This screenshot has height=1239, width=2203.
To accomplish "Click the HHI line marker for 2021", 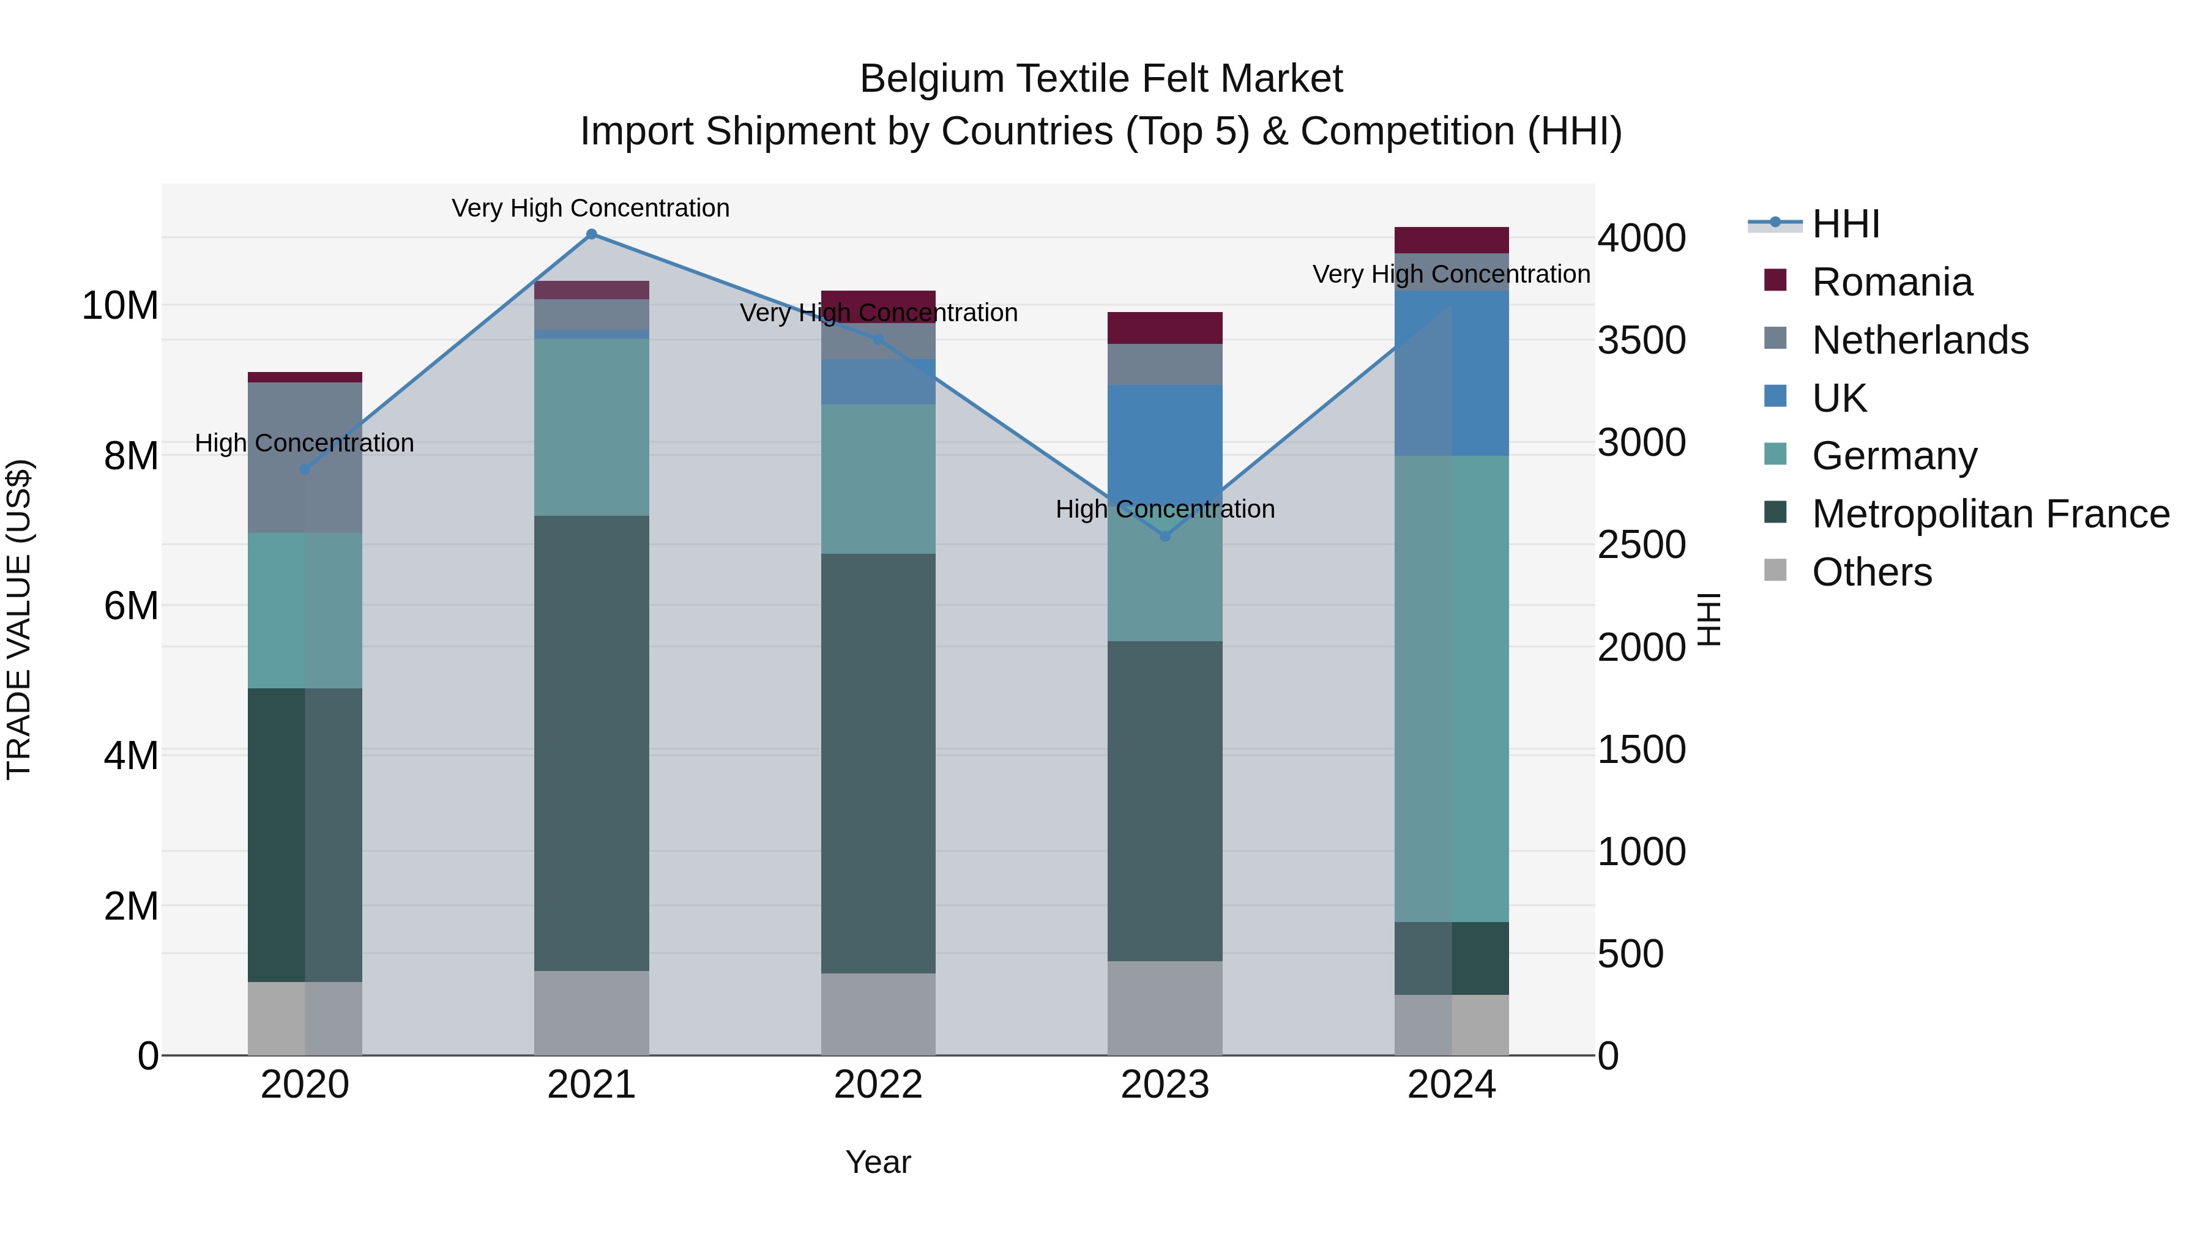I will [x=591, y=234].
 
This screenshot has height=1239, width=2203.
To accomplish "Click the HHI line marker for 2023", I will [x=1165, y=536].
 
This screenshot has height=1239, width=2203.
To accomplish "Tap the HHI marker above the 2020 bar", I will [x=305, y=469].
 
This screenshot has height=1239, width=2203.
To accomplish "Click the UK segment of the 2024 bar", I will [x=1452, y=374].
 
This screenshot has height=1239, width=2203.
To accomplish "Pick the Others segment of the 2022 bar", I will [x=878, y=1014].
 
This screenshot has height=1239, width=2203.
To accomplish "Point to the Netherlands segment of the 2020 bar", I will [x=305, y=458].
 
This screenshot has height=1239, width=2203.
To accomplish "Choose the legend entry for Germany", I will [x=1893, y=456].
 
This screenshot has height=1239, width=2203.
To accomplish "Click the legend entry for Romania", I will [x=1891, y=282].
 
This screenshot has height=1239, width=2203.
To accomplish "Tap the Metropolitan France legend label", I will [x=1989, y=514].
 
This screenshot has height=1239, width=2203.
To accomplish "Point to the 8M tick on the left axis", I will [x=131, y=456].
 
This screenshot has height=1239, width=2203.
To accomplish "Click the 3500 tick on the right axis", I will [x=1641, y=340].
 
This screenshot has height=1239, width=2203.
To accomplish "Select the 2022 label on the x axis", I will [x=878, y=1085].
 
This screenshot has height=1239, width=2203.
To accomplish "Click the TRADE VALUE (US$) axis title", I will [x=19, y=619].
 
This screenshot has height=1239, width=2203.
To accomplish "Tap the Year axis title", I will [x=878, y=1162].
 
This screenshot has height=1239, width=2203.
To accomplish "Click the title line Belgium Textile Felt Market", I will [x=1101, y=79].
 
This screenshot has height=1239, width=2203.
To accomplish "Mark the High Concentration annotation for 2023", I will [x=1165, y=509].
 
